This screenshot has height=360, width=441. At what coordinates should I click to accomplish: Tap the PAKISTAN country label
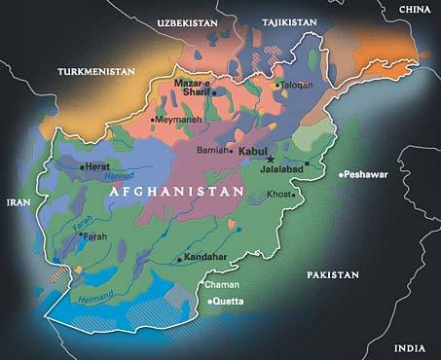(x=333, y=275)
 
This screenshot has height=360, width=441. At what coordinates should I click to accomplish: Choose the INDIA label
(x=410, y=347)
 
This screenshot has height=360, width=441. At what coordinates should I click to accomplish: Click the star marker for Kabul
(x=272, y=160)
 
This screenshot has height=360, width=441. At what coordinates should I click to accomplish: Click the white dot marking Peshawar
(x=341, y=175)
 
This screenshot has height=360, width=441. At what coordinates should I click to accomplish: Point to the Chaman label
(x=219, y=285)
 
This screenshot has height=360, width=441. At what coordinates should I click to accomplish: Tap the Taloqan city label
(x=296, y=85)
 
